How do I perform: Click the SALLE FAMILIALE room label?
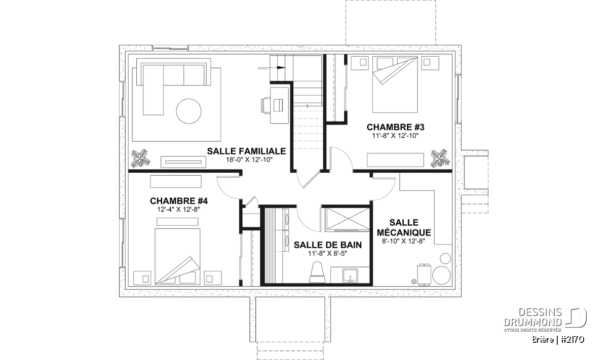pos(246,151)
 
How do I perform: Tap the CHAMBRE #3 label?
pos(395,127)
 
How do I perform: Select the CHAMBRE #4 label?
pos(178,201)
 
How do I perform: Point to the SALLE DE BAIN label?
pos(328,245)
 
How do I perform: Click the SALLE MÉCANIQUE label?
pos(404,228)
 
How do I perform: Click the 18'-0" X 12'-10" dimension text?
pos(249,160)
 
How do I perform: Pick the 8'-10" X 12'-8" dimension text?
pos(404,241)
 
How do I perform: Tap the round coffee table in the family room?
pos(188,111)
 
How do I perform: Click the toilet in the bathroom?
pos(317,272)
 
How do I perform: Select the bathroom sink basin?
pos(351,275)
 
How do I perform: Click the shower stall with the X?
pos(348,219)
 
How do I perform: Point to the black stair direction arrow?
pos(281,68)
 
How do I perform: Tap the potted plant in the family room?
pos(141,158)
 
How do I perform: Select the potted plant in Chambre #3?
pos(439,157)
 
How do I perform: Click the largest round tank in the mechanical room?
pos(441,275)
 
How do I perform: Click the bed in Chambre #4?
pos(177,256)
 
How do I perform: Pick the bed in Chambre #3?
pos(395,85)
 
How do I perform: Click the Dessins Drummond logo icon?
pos(576,317)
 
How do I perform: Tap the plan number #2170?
pos(572,340)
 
